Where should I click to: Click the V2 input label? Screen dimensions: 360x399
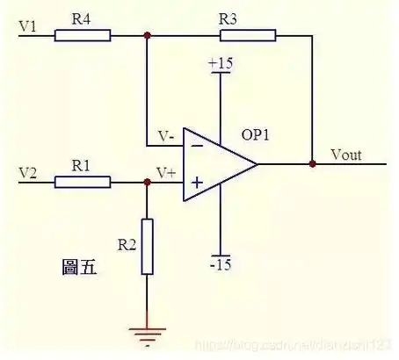pyautogui.click(x=28, y=171)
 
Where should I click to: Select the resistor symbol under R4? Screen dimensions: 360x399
pyautogui.click(x=83, y=36)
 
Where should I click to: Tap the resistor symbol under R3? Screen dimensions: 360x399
pyautogui.click(x=248, y=36)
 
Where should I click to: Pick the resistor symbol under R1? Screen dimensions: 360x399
pyautogui.click(x=83, y=183)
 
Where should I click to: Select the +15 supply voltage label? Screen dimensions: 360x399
pyautogui.click(x=219, y=64)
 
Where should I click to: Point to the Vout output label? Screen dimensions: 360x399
pyautogui.click(x=347, y=155)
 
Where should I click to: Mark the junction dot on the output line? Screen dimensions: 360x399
pyautogui.click(x=312, y=163)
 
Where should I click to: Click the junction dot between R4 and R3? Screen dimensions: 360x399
pyautogui.click(x=147, y=36)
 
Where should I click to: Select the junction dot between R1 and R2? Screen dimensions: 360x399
pyautogui.click(x=147, y=183)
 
